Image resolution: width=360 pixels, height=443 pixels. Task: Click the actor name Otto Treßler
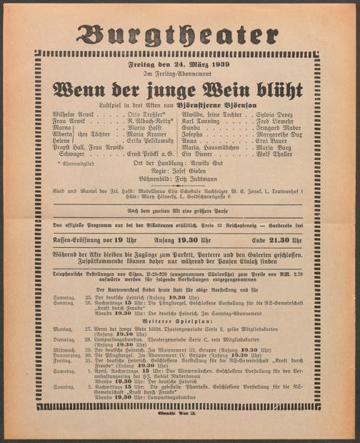[146, 114]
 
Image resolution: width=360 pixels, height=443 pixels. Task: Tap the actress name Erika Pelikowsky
[150, 140]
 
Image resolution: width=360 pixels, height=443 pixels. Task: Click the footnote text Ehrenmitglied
[81, 164]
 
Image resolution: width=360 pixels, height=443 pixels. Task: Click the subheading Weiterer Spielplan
[179, 322]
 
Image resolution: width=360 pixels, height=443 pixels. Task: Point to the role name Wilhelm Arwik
[72, 114]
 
